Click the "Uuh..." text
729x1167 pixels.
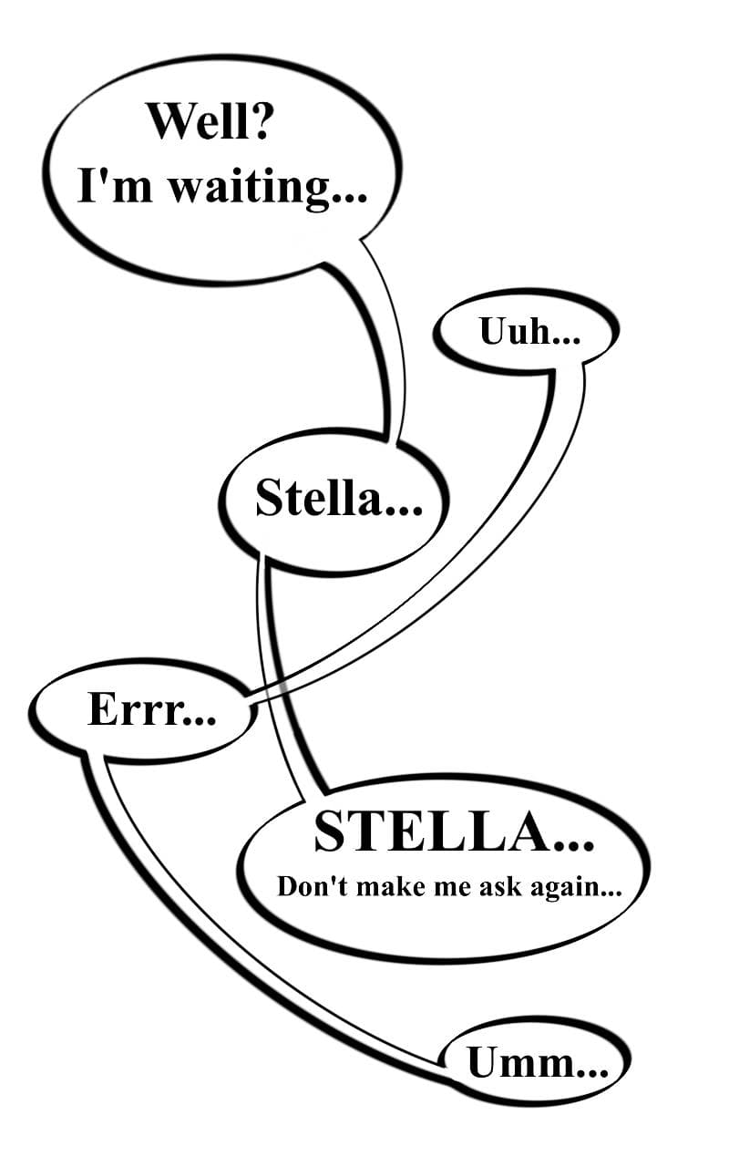(x=529, y=332)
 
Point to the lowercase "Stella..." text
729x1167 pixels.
(x=338, y=499)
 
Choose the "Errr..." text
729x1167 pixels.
(x=151, y=709)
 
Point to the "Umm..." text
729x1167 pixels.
(x=537, y=1063)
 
